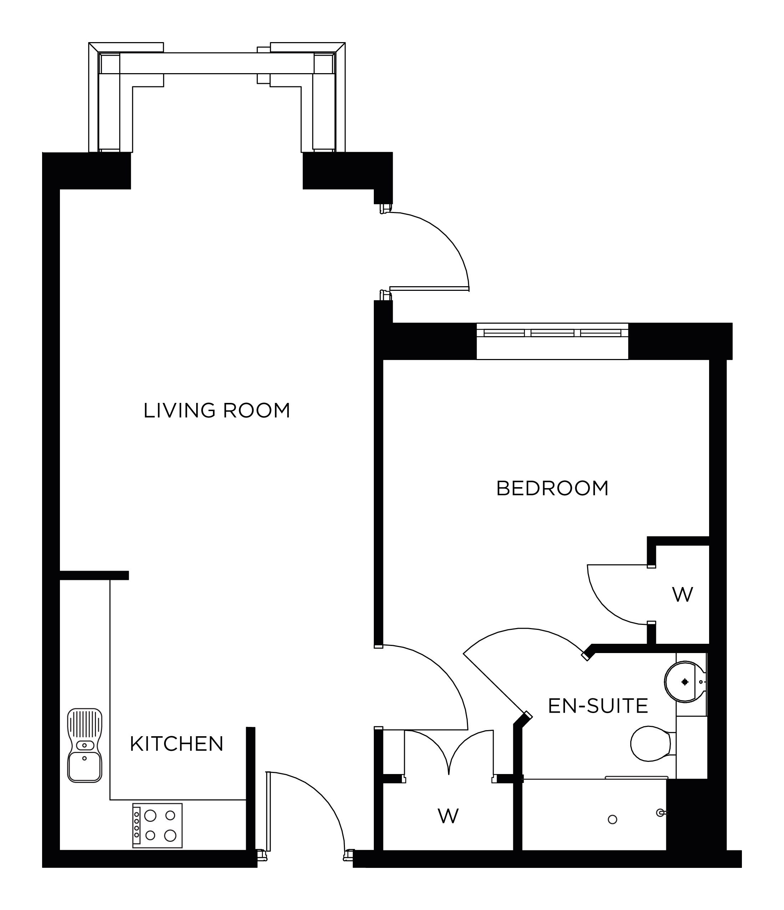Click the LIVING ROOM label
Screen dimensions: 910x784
tap(217, 411)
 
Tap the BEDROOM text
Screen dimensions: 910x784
tap(552, 489)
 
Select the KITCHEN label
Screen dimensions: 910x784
tap(177, 744)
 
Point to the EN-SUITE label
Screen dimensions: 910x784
tap(598, 706)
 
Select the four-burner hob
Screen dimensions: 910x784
tap(158, 826)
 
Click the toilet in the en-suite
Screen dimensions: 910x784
tap(651, 744)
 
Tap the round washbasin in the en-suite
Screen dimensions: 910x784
tap(684, 682)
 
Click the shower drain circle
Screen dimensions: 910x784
tap(612, 819)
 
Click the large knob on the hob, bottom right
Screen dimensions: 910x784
tap(170, 835)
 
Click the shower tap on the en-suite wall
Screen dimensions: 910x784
tap(660, 813)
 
